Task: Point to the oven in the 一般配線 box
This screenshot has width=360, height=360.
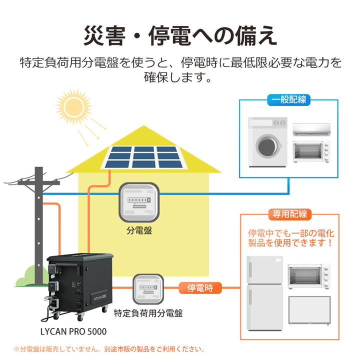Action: coord(311,151)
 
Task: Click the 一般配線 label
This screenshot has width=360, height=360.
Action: coord(289,99)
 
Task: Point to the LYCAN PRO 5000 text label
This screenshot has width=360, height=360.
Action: coord(73,331)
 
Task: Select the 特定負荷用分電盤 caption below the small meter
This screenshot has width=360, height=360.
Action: coord(148,314)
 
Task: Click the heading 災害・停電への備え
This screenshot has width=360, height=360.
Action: coord(180,36)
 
